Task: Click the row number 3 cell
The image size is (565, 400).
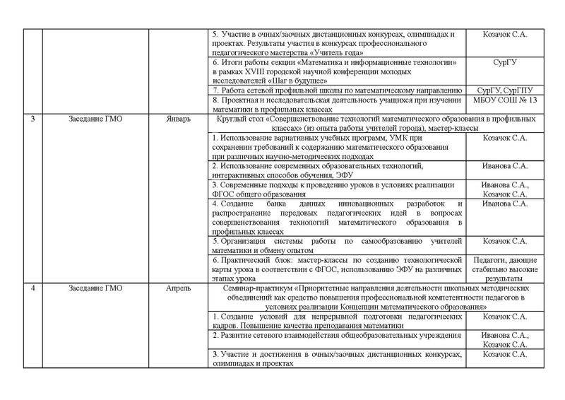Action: tap(33, 118)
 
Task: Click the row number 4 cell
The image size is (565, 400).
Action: tap(33, 288)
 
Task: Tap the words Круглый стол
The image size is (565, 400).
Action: tap(243, 118)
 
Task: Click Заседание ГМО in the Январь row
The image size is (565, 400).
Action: tap(97, 118)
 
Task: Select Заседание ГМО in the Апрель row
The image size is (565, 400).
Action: tap(97, 288)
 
